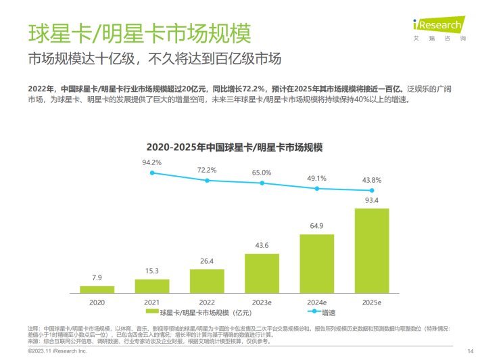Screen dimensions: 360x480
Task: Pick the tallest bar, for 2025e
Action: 372,250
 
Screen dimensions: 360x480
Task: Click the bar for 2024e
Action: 317,263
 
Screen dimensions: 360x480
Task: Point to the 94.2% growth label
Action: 152,162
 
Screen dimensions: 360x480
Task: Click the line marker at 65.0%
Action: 262,182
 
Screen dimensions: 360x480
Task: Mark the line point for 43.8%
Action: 372,191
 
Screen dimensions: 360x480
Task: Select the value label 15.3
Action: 152,271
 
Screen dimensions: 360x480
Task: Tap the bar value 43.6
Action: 262,245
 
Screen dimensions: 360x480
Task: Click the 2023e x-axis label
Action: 262,302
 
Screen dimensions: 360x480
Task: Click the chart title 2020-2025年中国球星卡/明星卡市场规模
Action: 235,145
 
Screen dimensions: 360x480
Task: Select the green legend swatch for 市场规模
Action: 151,312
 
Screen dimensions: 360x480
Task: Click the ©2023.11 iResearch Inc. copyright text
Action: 57,352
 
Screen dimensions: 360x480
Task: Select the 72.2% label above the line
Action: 207,170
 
